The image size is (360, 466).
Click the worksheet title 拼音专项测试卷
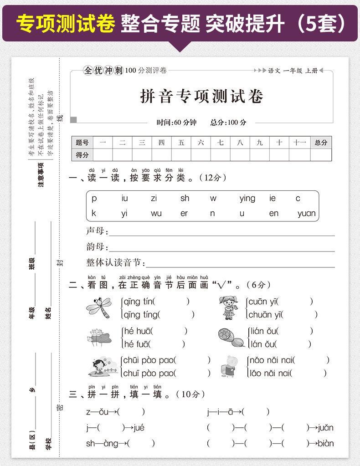pyautogui.click(x=201, y=96)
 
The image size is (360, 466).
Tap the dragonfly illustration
pyautogui.click(x=99, y=307)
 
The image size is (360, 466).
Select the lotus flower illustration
pyautogui.click(x=99, y=338)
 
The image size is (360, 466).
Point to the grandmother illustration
pyautogui.click(x=227, y=366)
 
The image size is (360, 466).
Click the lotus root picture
pyautogui.click(x=230, y=338)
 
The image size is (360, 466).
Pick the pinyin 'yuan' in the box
pyautogui.click(x=307, y=213)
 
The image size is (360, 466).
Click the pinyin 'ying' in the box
pyautogui.click(x=247, y=198)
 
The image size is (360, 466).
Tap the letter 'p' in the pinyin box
pyautogui.click(x=94, y=198)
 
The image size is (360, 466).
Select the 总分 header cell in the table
pyautogui.click(x=321, y=142)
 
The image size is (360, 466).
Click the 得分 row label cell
pyautogui.click(x=82, y=154)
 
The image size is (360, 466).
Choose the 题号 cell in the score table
pyautogui.click(x=82, y=142)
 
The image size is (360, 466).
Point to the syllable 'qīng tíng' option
pyautogui.click(x=141, y=314)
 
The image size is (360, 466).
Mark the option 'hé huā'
pyautogui.click(x=138, y=331)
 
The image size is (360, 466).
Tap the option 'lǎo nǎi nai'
pyautogui.click(x=271, y=374)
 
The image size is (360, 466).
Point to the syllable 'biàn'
pyautogui.click(x=325, y=443)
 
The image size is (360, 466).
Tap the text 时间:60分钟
pyautogui.click(x=176, y=122)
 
